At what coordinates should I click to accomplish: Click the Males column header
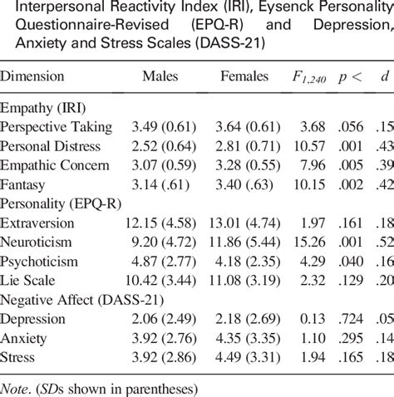click(160, 76)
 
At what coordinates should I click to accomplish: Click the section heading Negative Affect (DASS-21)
click(69, 300)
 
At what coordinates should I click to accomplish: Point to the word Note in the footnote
click(14, 385)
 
